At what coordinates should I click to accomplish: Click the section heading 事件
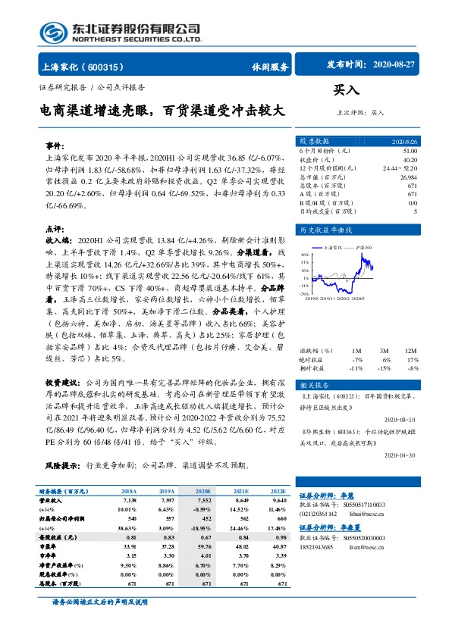tap(54, 144)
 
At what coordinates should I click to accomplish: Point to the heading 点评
tap(54, 228)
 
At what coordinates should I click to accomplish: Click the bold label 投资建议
tap(63, 383)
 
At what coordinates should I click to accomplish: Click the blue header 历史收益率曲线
tap(327, 229)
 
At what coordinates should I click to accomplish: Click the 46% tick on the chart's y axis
tap(303, 255)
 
